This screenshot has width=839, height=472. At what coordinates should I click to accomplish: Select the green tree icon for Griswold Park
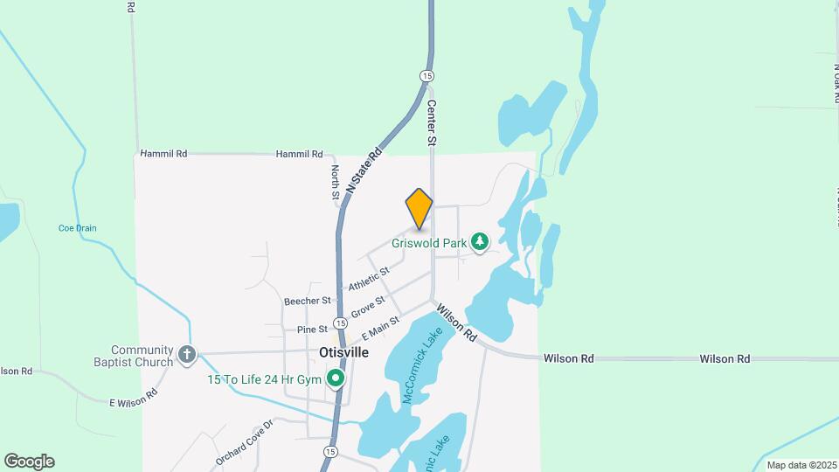tap(479, 241)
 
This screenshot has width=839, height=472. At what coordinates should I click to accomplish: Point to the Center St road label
tap(431, 121)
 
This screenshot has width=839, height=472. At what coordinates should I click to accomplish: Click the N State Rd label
tap(364, 170)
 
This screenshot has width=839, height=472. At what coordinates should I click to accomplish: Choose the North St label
tap(335, 183)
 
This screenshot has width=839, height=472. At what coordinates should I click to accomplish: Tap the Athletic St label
tap(368, 281)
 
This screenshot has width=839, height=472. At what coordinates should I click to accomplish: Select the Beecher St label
tap(307, 300)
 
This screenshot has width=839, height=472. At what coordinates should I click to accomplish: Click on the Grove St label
tap(367, 308)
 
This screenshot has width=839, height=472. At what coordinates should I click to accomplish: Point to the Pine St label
tap(311, 330)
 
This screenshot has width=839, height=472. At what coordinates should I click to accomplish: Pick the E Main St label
tap(379, 329)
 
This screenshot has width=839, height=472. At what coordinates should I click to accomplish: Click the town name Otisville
tap(343, 352)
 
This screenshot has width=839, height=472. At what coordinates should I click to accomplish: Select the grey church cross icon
tap(186, 354)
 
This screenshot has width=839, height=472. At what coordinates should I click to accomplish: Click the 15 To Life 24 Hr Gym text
tap(263, 379)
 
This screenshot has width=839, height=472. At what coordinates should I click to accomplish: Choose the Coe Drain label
tap(77, 228)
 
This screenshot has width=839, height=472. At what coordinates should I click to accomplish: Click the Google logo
tap(29, 462)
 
